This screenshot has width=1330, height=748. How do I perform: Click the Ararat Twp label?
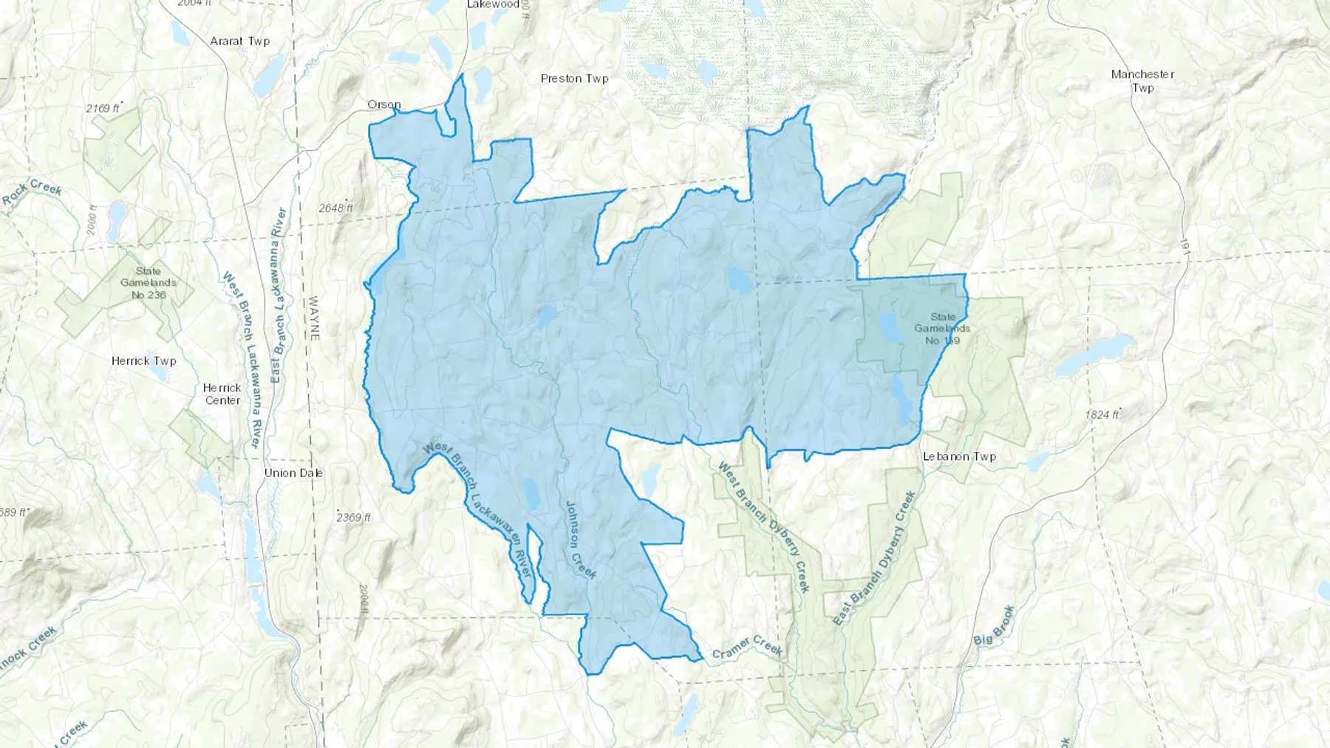click(240, 41)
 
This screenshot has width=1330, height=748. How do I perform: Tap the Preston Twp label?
click(574, 78)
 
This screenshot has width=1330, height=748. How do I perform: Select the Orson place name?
click(384, 105)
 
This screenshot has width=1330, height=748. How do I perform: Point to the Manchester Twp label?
click(1142, 80)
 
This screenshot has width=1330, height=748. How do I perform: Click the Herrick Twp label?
click(144, 361)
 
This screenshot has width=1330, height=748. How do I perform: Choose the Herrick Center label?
click(222, 394)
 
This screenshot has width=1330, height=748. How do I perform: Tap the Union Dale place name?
click(293, 473)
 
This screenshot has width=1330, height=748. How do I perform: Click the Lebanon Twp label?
click(959, 456)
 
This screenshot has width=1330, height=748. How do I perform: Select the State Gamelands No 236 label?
click(148, 283)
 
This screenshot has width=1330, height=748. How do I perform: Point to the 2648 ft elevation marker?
click(335, 208)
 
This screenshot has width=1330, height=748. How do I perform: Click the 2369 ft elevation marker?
click(353, 517)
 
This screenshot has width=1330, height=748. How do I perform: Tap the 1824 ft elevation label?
click(1102, 414)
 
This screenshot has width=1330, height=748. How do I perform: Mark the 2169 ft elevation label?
click(103, 109)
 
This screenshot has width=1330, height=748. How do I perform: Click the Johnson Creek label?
click(580, 540)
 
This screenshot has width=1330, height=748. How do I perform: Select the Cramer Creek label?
click(747, 647)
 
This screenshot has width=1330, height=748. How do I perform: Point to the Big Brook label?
click(995, 625)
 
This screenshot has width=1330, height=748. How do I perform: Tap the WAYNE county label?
click(313, 318)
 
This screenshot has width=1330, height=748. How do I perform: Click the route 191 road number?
click(1184, 247)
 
